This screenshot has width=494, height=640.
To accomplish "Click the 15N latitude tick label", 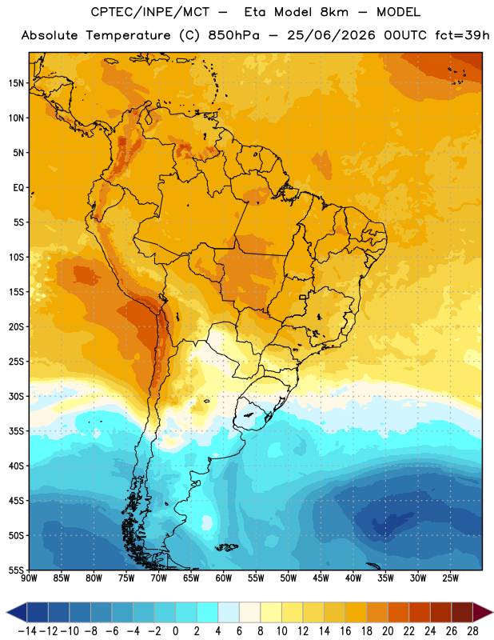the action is coord(16,83).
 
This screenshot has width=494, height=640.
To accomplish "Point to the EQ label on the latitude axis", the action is coord(18,188).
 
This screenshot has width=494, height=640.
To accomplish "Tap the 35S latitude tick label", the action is coord(16,431).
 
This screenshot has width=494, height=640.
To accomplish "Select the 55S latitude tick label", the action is coord(16,570).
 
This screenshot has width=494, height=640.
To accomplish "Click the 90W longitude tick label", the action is coord(29,578).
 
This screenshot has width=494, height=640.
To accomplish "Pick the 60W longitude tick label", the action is coord(224,578).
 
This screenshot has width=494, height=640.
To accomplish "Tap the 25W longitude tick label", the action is coord(450,578).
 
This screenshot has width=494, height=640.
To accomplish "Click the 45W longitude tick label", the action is coord(321,578).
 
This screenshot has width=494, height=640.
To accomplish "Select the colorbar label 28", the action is coord(472,631).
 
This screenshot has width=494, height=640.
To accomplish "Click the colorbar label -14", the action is coord(27,631).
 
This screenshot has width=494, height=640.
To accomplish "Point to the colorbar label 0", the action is coord(175,631).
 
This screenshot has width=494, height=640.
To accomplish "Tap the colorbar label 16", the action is coord(345,631).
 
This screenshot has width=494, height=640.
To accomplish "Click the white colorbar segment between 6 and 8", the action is coord(249,612).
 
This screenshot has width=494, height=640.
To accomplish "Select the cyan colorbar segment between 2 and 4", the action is coord(207,612).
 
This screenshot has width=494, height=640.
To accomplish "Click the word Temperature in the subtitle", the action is coord(128,35).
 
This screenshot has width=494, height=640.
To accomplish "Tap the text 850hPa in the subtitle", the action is coord(233,35).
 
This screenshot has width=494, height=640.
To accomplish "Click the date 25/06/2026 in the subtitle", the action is coord(331,35).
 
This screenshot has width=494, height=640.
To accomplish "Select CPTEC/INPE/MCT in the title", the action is coord(150,12).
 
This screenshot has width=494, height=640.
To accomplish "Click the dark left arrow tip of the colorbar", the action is coord(7,612).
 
